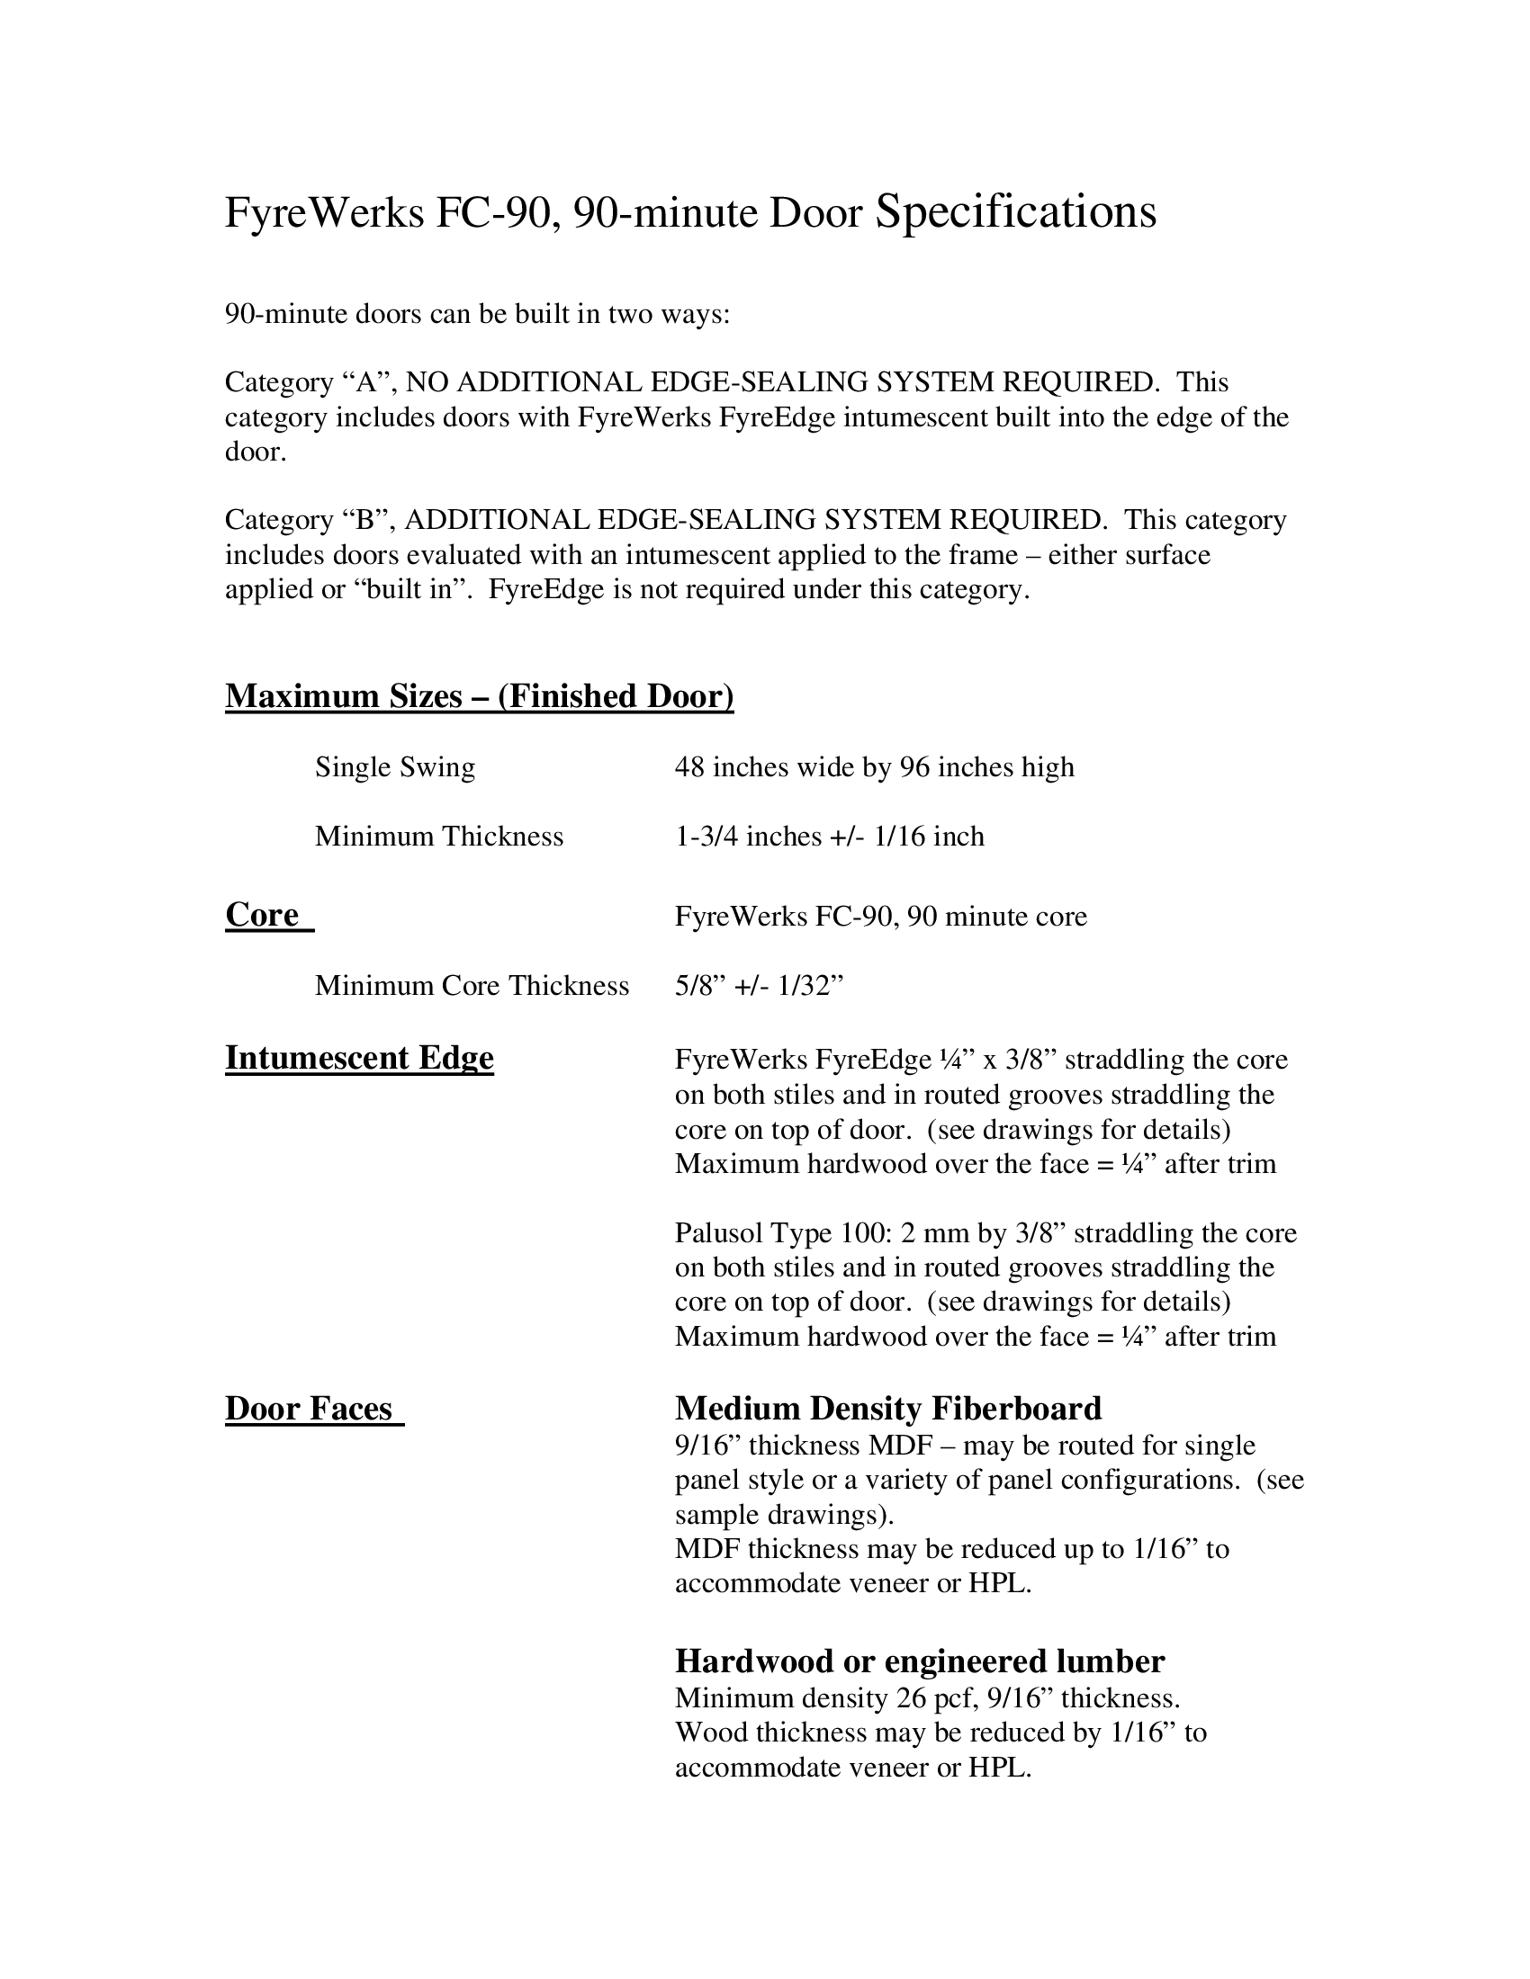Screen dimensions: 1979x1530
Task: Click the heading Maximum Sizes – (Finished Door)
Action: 479,696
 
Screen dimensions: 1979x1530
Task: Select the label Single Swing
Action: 394,767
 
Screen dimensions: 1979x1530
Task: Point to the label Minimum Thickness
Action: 438,836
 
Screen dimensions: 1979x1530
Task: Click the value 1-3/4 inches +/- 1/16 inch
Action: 828,836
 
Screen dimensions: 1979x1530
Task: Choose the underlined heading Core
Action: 262,915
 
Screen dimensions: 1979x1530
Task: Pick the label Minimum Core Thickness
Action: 472,986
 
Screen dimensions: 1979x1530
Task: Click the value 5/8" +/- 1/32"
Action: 759,986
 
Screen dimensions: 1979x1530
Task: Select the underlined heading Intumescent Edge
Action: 359,1059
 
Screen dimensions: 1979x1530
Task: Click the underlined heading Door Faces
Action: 309,1409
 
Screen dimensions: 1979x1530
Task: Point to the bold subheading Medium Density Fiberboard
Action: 888,1409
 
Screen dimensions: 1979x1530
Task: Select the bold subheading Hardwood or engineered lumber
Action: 919,1661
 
